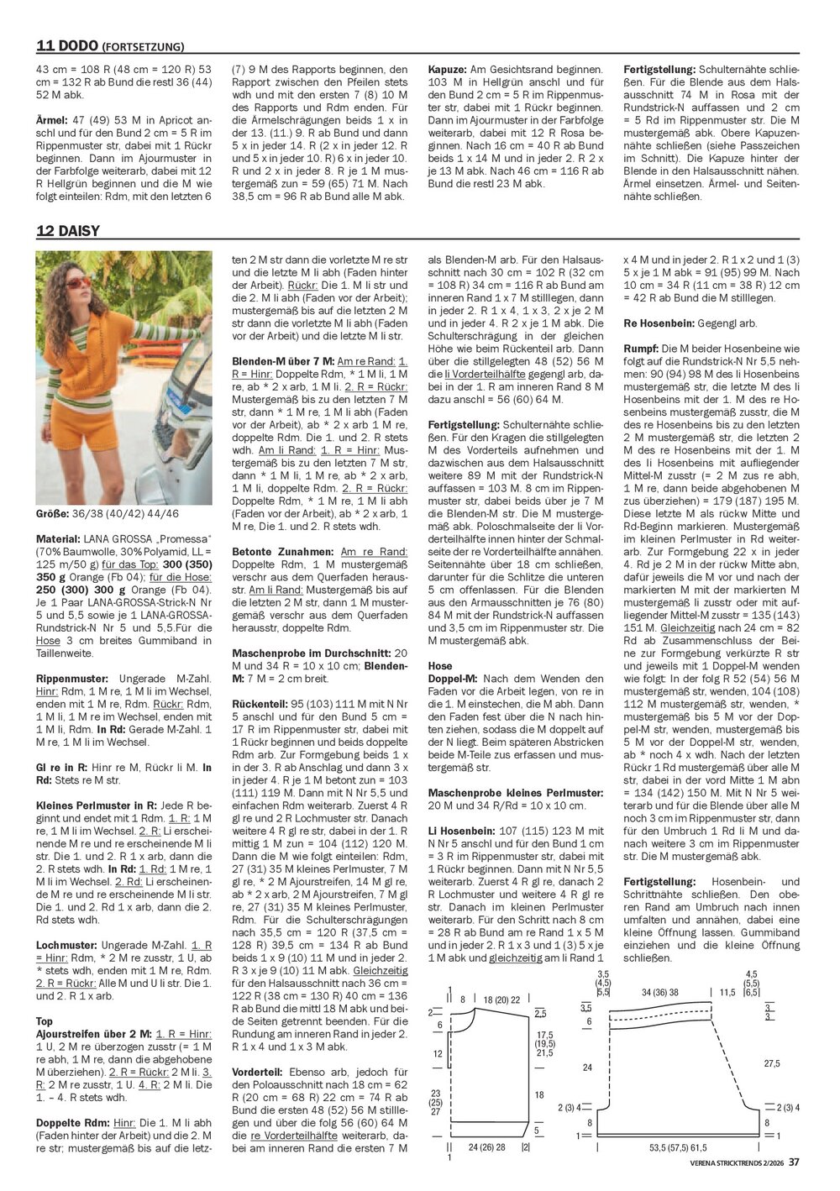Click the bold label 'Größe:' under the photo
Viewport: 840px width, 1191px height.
tap(52, 512)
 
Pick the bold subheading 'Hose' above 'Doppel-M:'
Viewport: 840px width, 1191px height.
tap(440, 665)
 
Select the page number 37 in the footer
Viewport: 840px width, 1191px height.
tap(793, 1162)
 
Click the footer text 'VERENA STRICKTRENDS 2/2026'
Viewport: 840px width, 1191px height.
tap(729, 1162)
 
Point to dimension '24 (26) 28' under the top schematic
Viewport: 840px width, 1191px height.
tap(486, 1146)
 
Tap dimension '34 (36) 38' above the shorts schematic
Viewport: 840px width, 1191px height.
tap(659, 992)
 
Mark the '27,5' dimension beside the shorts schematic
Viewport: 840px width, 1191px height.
tap(773, 1063)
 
